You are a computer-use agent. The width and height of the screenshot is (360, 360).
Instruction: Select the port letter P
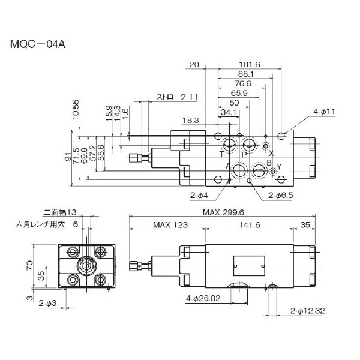pos(244,154)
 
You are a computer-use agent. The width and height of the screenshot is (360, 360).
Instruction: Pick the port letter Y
pos(279,166)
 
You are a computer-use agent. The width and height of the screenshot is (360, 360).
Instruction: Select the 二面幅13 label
pos(61,212)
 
